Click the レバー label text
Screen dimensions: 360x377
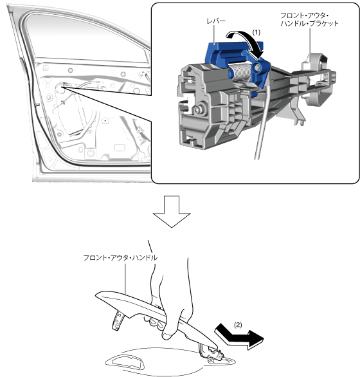click(216, 21)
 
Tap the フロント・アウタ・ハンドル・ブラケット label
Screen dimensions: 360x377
click(309, 19)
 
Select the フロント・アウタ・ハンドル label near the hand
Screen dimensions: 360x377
click(120, 258)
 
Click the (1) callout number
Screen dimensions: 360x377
click(256, 32)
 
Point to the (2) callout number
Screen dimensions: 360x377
click(238, 325)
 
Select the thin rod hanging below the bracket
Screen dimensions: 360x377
click(262, 123)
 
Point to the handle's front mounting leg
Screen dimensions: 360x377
click(118, 320)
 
